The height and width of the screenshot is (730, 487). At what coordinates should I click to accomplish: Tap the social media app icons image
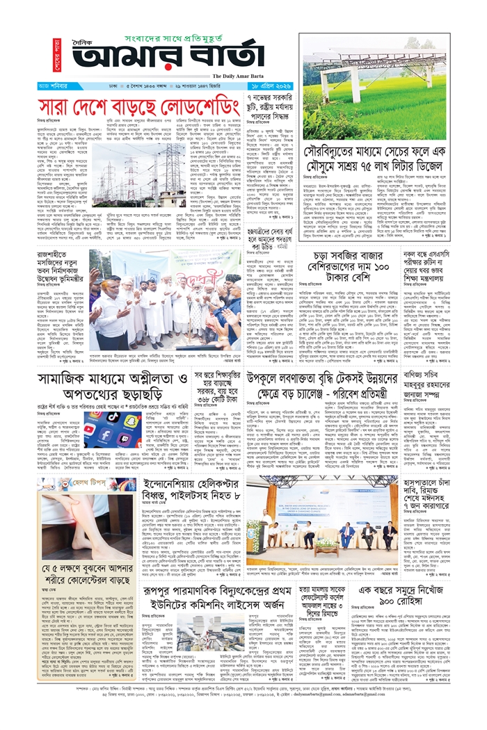(112, 431)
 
